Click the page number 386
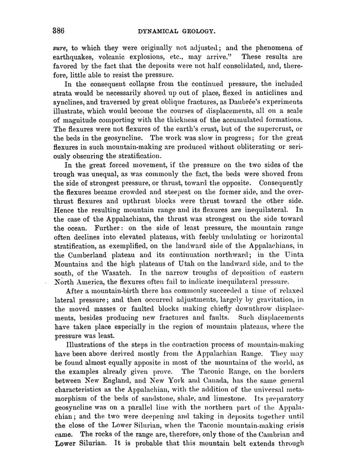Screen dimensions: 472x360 point(58,31)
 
